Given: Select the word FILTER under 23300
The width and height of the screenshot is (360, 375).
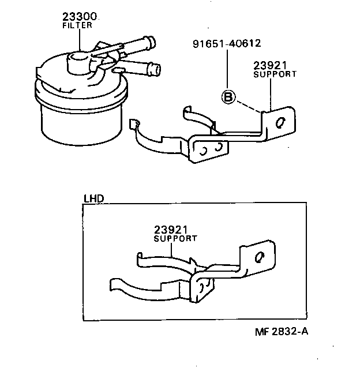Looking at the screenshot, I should pos(77,26).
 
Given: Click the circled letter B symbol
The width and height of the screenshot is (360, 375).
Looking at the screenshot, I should pos(228,97).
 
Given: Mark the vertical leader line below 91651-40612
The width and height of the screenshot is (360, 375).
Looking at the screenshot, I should pos(228,69).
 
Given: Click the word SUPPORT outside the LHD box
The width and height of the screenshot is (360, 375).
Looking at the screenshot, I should pos(275,74).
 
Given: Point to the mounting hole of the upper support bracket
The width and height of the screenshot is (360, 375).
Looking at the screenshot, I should pos(280,123).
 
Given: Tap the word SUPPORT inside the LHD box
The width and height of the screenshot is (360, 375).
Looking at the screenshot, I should pos(175,238).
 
